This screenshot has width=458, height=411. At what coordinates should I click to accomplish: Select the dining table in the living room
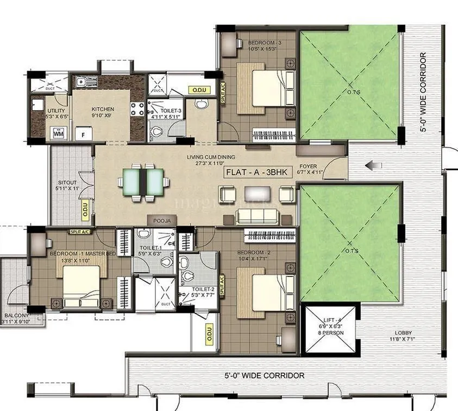[x=142, y=181]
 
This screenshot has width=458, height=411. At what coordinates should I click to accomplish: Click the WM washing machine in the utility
[x=57, y=132]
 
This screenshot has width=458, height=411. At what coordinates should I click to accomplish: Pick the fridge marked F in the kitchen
[x=84, y=133]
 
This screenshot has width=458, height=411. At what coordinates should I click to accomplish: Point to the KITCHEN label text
[x=102, y=109]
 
